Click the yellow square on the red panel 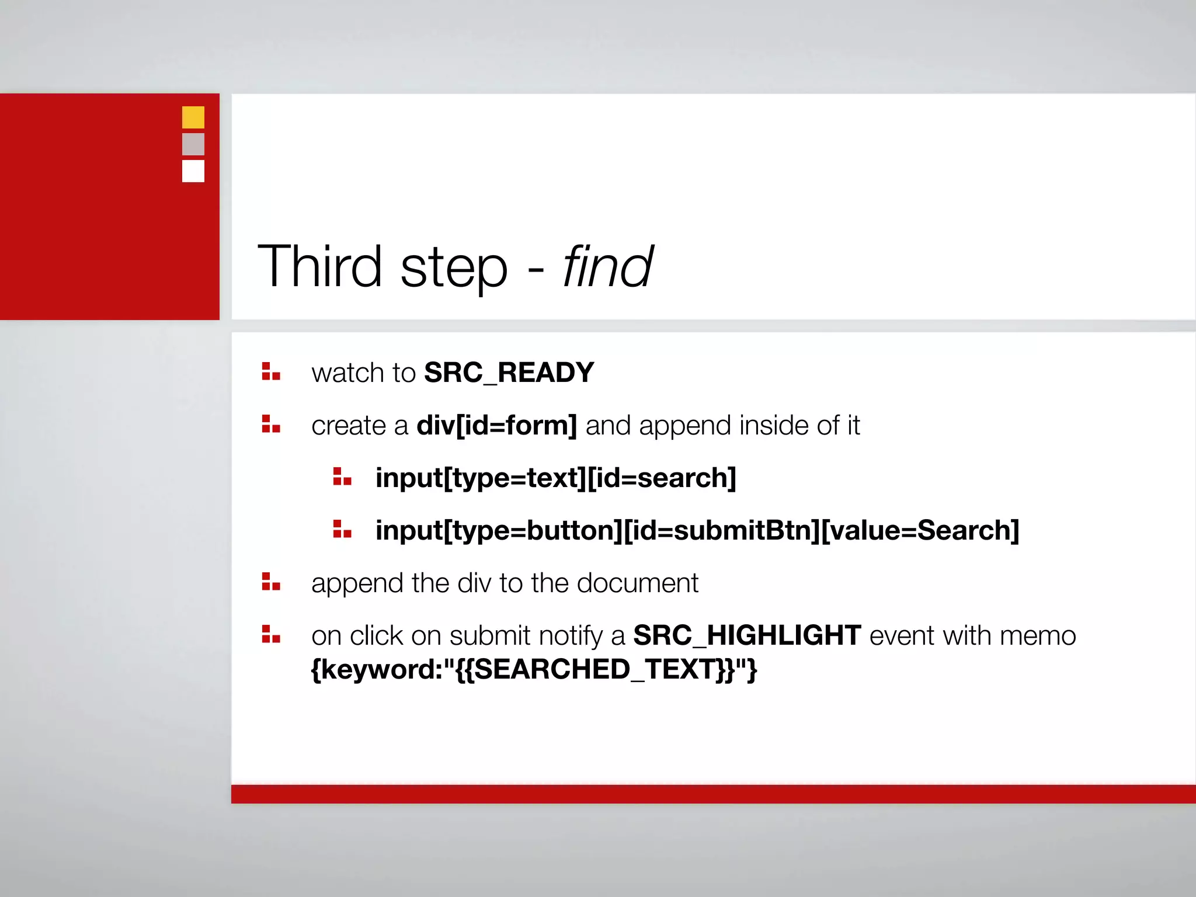[x=193, y=117]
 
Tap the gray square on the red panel [x=193, y=144]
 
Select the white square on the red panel [x=193, y=171]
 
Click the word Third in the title [x=319, y=267]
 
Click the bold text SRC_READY [x=509, y=373]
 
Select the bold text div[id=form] [x=496, y=425]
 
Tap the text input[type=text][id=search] [x=555, y=478]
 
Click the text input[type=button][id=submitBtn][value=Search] [x=697, y=530]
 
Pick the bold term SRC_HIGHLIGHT [x=747, y=635]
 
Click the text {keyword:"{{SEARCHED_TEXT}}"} [x=534, y=669]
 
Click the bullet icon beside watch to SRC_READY [x=271, y=371]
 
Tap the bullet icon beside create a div [x=271, y=424]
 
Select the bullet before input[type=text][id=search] [x=342, y=477]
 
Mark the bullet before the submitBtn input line [x=342, y=529]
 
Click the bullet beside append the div [x=271, y=582]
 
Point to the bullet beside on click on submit [x=271, y=634]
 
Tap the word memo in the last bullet [x=1037, y=635]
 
